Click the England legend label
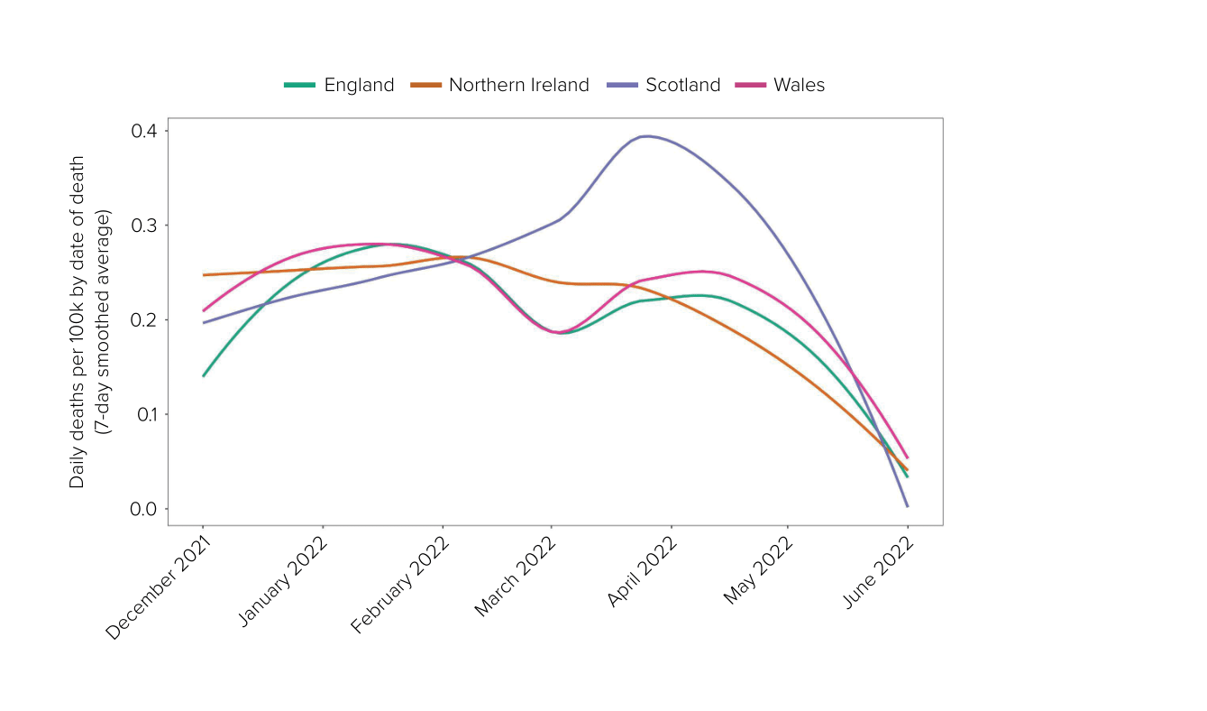pos(359,85)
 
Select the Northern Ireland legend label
pos(518,85)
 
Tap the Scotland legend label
pos(682,85)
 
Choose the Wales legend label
pos(799,85)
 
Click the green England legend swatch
pos(300,85)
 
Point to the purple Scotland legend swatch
pos(622,85)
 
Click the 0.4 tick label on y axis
pos(143,131)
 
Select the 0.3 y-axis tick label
pos(143,226)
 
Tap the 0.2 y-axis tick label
pos(143,320)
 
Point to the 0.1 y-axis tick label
pos(143,415)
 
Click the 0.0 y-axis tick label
pos(143,510)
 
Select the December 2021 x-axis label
pos(160,586)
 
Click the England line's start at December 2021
pos(204,375)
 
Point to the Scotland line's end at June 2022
pos(907,506)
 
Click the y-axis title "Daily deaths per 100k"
pos(78,322)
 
